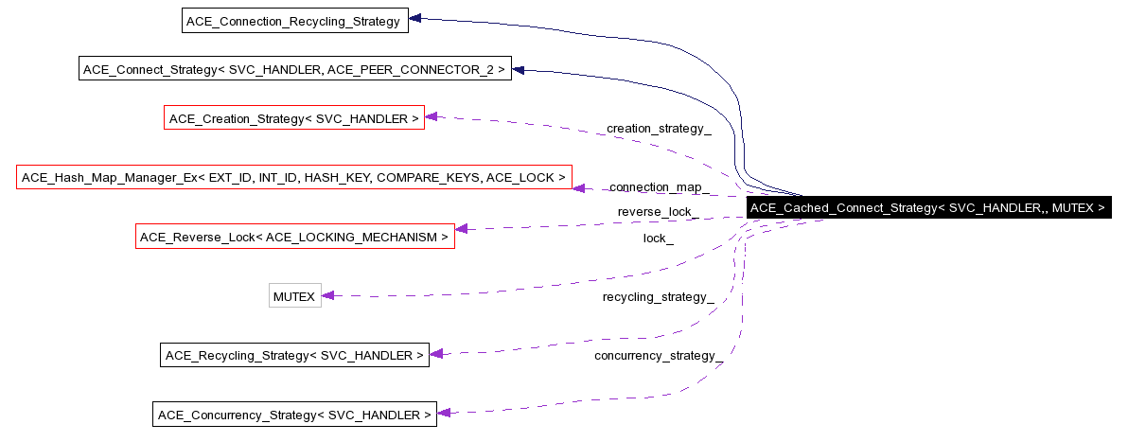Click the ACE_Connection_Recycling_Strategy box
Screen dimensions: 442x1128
[x=294, y=21]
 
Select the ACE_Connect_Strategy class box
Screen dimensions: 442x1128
[x=294, y=69]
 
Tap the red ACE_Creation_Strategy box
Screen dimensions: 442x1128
[x=293, y=118]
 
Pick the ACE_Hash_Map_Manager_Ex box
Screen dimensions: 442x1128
[x=293, y=177]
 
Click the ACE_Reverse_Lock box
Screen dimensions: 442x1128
[x=294, y=237]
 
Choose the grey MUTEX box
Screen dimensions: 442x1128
[x=294, y=296]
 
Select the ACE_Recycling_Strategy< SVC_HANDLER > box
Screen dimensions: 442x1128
[x=294, y=355]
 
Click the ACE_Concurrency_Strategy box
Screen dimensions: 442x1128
[x=294, y=415]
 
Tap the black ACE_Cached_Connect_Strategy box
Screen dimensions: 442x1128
[x=927, y=208]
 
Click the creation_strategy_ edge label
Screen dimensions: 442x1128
[x=658, y=128]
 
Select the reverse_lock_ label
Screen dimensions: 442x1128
[x=658, y=211]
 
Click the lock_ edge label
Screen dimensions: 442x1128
[x=658, y=239]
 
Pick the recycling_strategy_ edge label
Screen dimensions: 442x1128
[x=658, y=297]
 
